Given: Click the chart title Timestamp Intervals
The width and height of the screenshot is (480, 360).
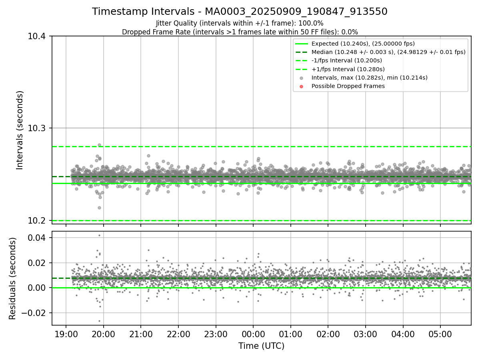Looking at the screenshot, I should pyautogui.click(x=240, y=12).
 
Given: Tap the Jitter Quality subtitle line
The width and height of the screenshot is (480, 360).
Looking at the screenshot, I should pyautogui.click(x=240, y=23).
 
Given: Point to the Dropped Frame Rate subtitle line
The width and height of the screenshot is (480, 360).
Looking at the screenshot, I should pyautogui.click(x=240, y=32).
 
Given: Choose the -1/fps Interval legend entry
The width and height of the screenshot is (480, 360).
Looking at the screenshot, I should pyautogui.click(x=346, y=60).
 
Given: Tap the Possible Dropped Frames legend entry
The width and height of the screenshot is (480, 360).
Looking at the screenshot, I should pyautogui.click(x=348, y=86).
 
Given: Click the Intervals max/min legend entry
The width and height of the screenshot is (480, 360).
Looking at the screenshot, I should pyautogui.click(x=369, y=78).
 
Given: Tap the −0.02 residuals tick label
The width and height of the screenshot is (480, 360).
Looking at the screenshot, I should pyautogui.click(x=36, y=313).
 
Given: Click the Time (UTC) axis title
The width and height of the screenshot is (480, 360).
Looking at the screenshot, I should pyautogui.click(x=261, y=346).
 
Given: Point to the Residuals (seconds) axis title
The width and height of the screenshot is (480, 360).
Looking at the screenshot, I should pyautogui.click(x=12, y=278).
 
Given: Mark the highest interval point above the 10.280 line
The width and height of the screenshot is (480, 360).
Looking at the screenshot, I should pyautogui.click(x=99, y=145).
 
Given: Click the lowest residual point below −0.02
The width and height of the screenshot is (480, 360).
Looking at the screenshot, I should pyautogui.click(x=99, y=321).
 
